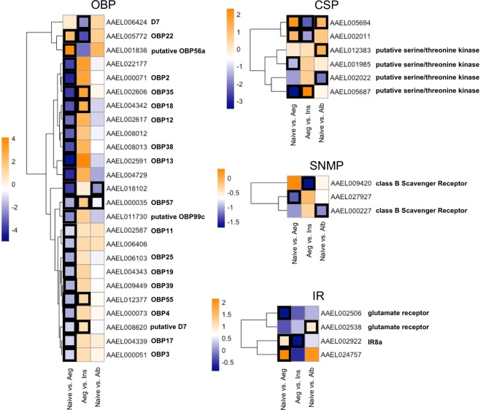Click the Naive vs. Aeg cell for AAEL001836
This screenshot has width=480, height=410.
tap(69, 50)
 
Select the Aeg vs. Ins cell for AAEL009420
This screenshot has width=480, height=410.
tap(307, 183)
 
